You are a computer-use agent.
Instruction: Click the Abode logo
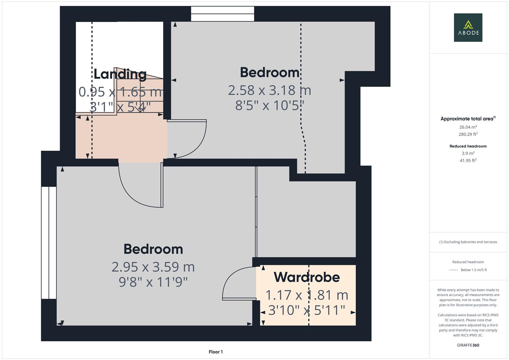[x=468, y=27]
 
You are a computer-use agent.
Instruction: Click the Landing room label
[x=120, y=74]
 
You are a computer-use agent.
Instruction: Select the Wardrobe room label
[x=307, y=277]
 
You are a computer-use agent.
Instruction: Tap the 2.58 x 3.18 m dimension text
[x=269, y=90]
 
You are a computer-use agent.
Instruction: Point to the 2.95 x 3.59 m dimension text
[x=153, y=267]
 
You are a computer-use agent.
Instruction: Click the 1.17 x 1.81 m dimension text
[x=307, y=295]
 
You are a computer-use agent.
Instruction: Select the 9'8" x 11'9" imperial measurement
[x=153, y=282]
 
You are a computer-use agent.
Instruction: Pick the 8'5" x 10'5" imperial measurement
[x=269, y=105]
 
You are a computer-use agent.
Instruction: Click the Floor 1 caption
[x=216, y=352]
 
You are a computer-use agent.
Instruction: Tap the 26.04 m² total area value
[x=468, y=127]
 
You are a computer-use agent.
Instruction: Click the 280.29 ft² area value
[x=468, y=134]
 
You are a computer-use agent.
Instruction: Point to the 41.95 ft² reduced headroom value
[x=468, y=160]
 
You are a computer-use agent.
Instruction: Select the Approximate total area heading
[x=468, y=119]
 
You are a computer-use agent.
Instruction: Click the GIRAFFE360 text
[x=468, y=345]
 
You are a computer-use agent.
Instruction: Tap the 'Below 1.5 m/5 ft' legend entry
[x=473, y=270]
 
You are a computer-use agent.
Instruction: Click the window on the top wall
[x=222, y=14]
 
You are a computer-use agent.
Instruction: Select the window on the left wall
[x=49, y=243]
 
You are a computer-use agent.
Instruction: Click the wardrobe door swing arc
[x=233, y=282]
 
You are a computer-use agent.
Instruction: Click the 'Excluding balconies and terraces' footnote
[x=468, y=242]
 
